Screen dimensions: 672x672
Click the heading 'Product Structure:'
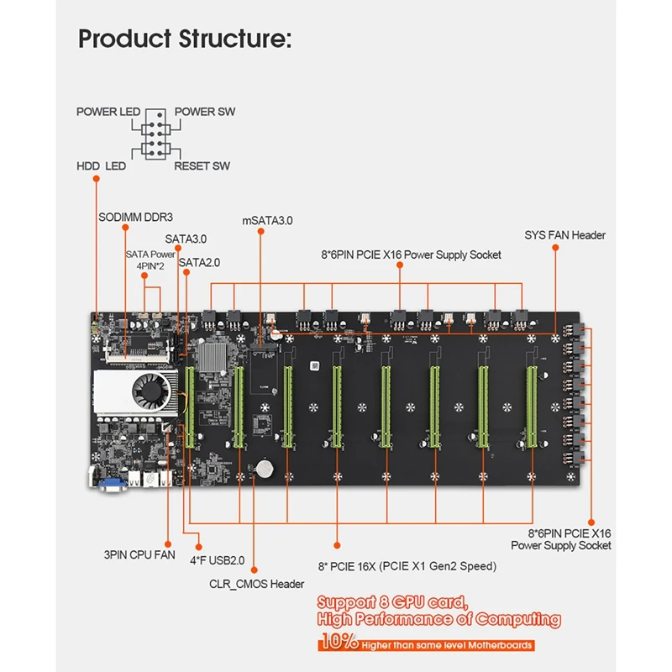(x=185, y=39)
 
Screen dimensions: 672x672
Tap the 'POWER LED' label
(x=108, y=112)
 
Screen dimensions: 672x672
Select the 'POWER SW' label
(x=205, y=112)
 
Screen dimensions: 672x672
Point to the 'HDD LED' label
(x=101, y=166)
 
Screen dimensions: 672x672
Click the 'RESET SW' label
(x=202, y=166)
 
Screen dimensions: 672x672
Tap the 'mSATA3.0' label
(x=267, y=221)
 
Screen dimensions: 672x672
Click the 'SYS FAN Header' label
(x=564, y=235)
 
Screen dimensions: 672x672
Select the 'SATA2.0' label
(x=200, y=262)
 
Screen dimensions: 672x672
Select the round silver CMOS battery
(x=266, y=466)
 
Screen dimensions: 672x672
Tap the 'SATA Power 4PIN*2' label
(x=150, y=259)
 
